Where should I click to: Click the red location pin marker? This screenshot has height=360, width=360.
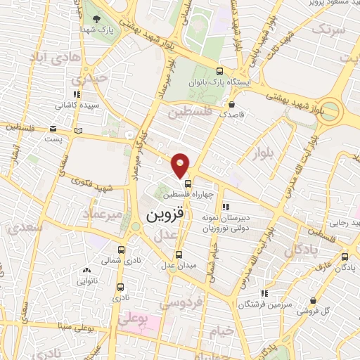[181, 165]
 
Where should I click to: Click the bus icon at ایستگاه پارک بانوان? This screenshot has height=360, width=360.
[219, 71]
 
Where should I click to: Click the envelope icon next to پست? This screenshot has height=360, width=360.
[53, 129]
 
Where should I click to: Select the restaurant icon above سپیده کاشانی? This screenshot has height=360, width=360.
[77, 94]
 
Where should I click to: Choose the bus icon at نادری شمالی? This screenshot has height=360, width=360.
[121, 250]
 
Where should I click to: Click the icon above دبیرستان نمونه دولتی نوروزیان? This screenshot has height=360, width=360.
[226, 207]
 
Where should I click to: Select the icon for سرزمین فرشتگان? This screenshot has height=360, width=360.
[264, 292]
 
